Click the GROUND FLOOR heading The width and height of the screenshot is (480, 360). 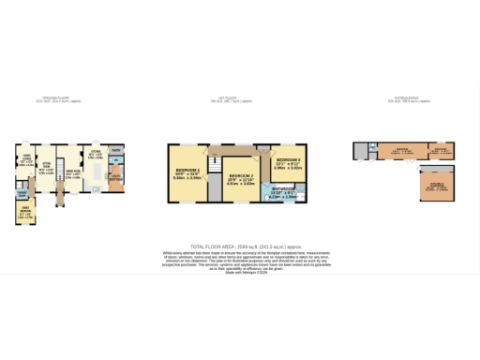(x=52, y=97)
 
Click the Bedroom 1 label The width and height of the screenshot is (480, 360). (x=187, y=173)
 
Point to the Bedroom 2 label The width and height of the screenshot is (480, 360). (x=241, y=179)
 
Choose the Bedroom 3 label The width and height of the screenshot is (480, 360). (x=288, y=164)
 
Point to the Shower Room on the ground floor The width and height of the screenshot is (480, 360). (x=22, y=191)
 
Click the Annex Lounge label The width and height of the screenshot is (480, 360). (x=26, y=159)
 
